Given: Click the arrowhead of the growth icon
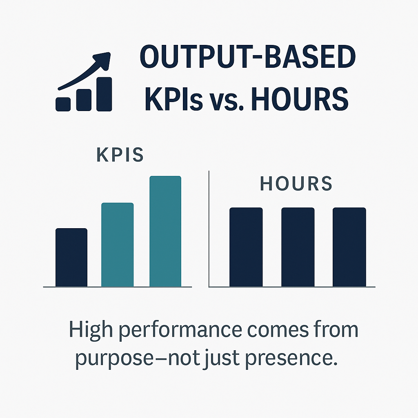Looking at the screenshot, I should point(104,59).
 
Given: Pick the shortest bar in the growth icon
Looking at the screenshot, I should point(62,104).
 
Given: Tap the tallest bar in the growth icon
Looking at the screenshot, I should point(104,94).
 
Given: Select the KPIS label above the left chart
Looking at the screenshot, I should point(120,156).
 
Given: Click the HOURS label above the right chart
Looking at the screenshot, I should point(296,184).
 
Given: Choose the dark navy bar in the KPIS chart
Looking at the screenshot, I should point(71,257).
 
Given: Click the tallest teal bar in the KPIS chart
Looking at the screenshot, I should point(165,231).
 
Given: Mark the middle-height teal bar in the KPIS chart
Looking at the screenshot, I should point(117,245).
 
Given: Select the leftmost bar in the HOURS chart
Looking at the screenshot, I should point(246,247).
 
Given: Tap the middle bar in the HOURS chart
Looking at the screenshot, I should point(298,247).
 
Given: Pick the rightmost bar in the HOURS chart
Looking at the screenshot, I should point(349,247).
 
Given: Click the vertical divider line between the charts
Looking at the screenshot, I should point(209,229).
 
